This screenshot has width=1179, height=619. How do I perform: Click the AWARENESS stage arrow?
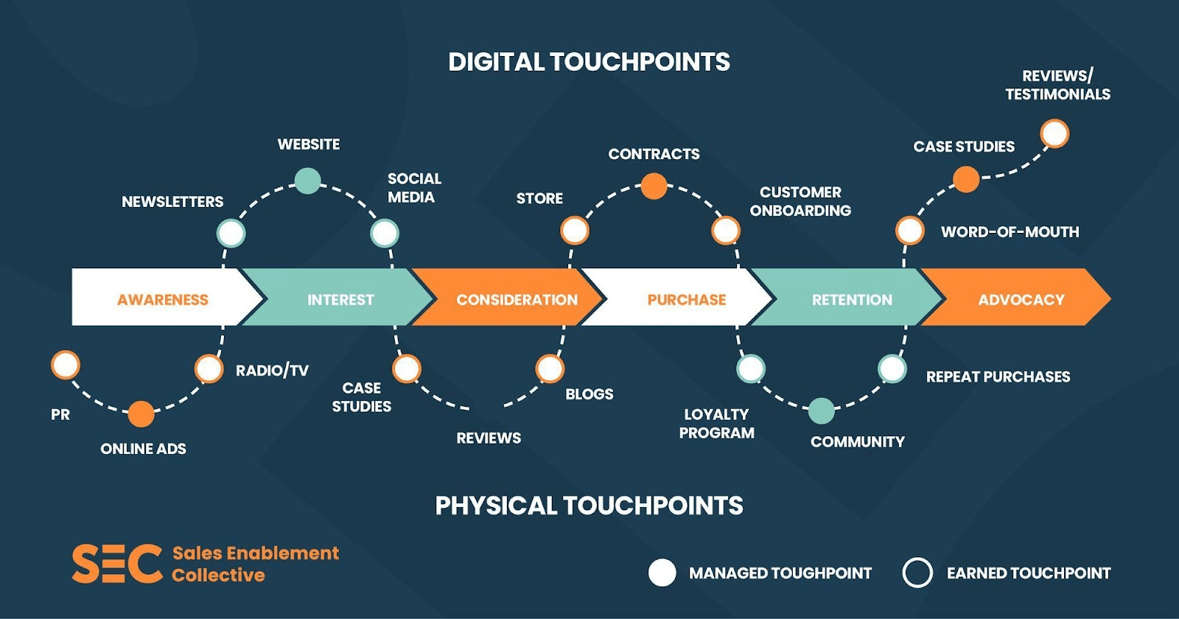(163, 299)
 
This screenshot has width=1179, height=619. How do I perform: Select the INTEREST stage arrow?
(340, 299)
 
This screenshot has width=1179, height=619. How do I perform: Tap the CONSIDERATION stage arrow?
(517, 299)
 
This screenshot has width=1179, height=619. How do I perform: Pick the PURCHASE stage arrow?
(686, 299)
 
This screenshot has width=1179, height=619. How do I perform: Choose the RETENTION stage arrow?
(852, 299)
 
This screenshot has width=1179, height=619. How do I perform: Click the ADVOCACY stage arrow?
(1021, 299)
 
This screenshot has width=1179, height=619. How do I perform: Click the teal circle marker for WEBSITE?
(307, 181)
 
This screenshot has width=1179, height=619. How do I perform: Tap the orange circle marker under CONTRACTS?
(654, 186)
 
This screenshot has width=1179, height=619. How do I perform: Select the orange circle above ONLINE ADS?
(141, 414)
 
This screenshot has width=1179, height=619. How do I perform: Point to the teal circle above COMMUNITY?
(821, 411)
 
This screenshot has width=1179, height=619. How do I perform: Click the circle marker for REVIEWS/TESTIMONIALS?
(1054, 134)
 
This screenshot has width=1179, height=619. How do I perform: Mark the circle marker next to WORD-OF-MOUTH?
(909, 231)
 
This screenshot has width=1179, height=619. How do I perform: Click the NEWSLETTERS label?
(172, 202)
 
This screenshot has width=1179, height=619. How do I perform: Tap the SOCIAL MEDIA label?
(414, 188)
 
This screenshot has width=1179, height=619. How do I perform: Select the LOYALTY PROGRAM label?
(716, 424)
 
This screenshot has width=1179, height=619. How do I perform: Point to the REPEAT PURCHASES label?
(998, 377)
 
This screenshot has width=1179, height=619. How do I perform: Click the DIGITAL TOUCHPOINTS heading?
(589, 62)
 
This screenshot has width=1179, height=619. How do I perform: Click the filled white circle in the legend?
(662, 573)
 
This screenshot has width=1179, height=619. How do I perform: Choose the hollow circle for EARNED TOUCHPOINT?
(917, 573)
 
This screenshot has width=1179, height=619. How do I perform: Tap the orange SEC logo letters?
(116, 564)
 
